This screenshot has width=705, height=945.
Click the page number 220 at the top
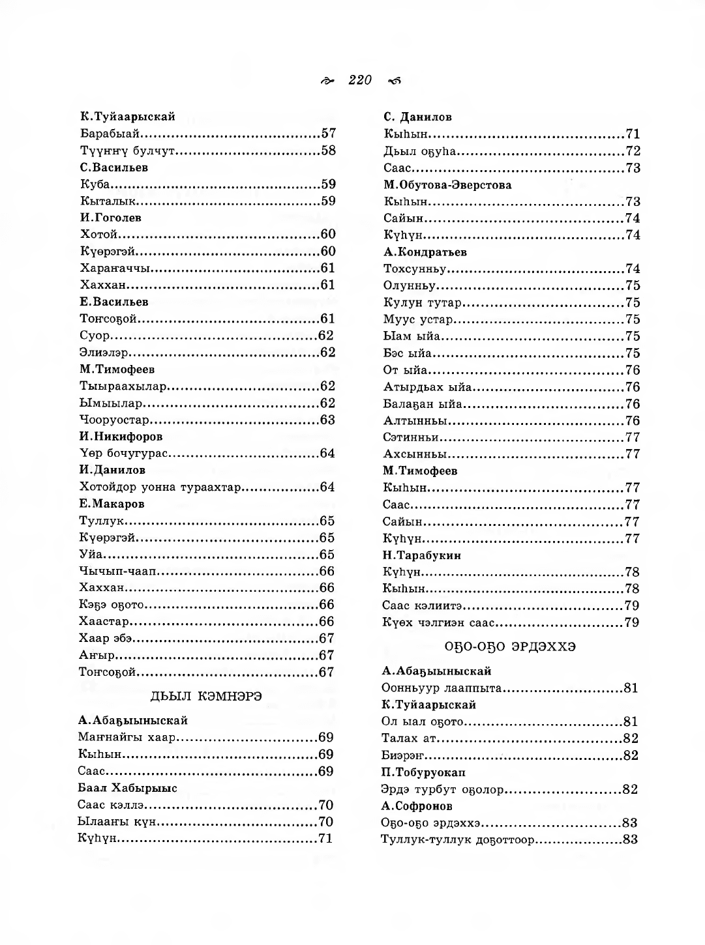click(360, 80)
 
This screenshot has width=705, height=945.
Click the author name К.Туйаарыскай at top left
click(128, 117)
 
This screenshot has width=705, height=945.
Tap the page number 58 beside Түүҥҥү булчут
click(328, 151)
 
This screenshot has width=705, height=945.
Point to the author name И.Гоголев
click(111, 218)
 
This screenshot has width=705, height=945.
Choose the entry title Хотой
click(98, 235)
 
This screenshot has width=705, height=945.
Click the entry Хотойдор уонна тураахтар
click(160, 487)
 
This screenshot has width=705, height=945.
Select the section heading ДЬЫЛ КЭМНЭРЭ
click(207, 697)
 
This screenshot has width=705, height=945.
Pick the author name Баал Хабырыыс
click(128, 788)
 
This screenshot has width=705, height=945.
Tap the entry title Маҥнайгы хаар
click(127, 738)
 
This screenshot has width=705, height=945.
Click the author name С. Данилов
click(417, 117)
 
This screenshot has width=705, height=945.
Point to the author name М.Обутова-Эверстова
click(447, 185)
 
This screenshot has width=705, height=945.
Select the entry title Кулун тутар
click(423, 302)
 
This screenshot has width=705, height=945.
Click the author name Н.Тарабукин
click(421, 555)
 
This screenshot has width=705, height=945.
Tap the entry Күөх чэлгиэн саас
click(439, 622)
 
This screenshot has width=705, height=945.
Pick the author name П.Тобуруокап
click(423, 772)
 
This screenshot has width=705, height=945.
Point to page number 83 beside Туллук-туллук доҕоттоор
click(630, 839)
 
